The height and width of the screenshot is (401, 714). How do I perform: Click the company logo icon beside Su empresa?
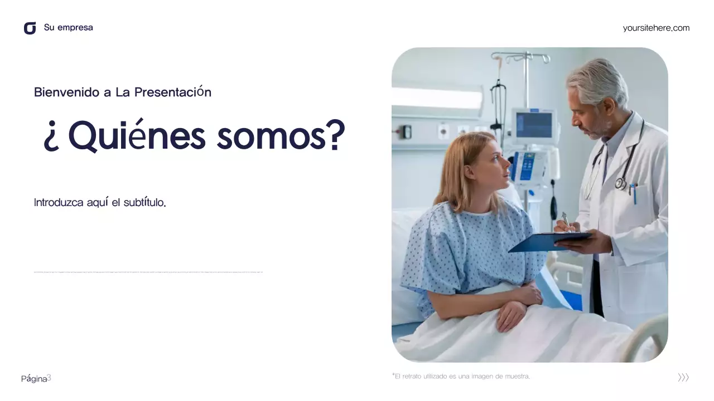click(x=30, y=28)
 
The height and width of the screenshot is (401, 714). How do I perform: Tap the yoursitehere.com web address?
click(x=656, y=28)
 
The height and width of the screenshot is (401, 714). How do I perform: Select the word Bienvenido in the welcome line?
click(x=67, y=92)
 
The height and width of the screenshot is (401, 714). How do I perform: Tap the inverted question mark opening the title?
click(x=51, y=138)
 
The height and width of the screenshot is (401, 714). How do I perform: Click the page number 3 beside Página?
click(x=49, y=378)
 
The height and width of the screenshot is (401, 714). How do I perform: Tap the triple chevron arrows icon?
click(x=683, y=378)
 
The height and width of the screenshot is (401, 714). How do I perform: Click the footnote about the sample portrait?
click(x=461, y=376)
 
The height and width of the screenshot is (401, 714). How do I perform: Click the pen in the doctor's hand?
click(x=566, y=220)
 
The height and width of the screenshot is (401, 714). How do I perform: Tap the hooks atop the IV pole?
click(x=520, y=57)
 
